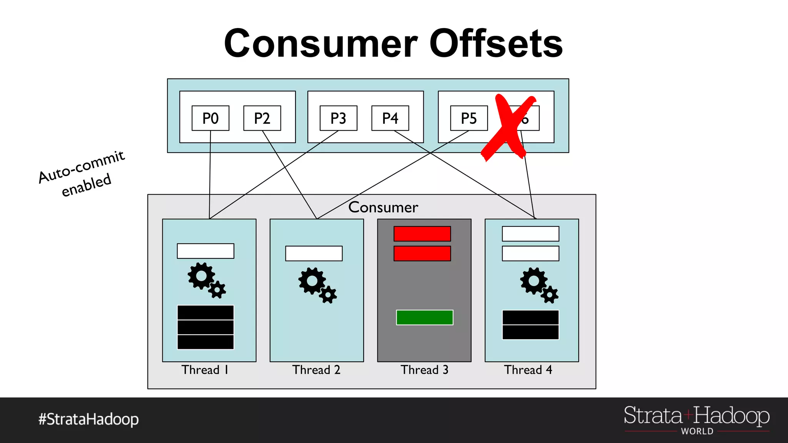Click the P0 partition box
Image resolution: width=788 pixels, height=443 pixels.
(210, 118)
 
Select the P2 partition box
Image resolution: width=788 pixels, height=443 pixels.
(262, 118)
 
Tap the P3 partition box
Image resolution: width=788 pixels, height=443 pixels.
(338, 118)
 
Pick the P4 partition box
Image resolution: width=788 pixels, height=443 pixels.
(390, 118)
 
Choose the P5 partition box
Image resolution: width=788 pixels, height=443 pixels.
(469, 118)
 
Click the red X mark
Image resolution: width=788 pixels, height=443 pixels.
(508, 127)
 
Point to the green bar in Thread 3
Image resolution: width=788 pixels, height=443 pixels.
(424, 317)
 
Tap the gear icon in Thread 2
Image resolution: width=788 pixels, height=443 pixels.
(317, 285)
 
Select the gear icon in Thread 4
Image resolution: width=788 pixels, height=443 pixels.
(538, 285)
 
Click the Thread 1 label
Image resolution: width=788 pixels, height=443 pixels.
(205, 370)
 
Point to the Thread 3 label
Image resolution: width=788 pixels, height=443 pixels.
(424, 370)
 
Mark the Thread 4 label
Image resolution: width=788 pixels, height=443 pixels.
(528, 370)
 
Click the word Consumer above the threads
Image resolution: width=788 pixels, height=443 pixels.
(383, 207)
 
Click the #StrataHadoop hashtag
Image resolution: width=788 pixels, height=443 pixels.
(88, 419)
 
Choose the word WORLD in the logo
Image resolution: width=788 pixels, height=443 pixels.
(697, 431)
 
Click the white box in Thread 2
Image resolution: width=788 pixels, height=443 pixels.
(314, 253)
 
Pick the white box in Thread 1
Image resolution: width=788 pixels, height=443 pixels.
(205, 251)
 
